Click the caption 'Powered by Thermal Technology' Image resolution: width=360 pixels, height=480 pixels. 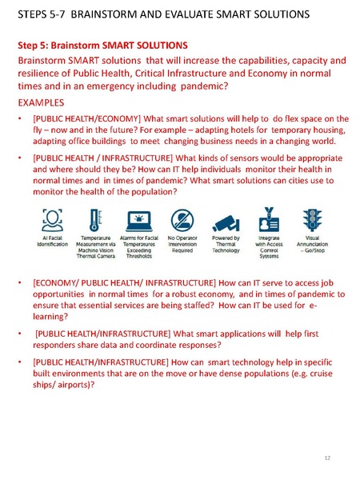[225, 246]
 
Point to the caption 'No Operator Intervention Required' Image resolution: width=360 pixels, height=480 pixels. [181, 246]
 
